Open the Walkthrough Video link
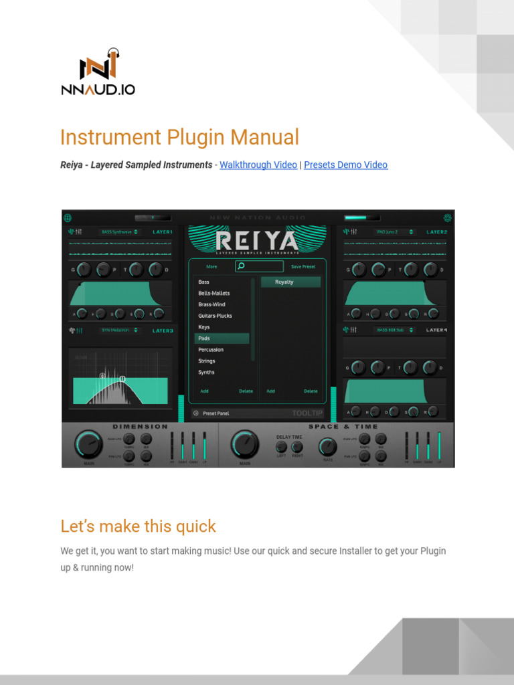tap(258, 165)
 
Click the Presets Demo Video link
tap(345, 165)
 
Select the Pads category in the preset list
tap(204, 338)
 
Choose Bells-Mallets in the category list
tap(213, 293)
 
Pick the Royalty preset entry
tap(284, 282)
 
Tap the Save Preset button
tap(303, 267)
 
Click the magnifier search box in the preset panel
tap(258, 266)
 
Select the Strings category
tap(206, 361)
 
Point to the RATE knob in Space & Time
tap(327, 446)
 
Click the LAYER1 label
tap(163, 232)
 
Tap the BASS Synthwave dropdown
tap(119, 232)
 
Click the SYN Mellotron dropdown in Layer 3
tap(119, 330)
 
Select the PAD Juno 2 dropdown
tap(391, 232)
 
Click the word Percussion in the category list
tap(211, 350)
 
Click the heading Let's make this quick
tap(138, 526)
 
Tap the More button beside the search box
tap(211, 267)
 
